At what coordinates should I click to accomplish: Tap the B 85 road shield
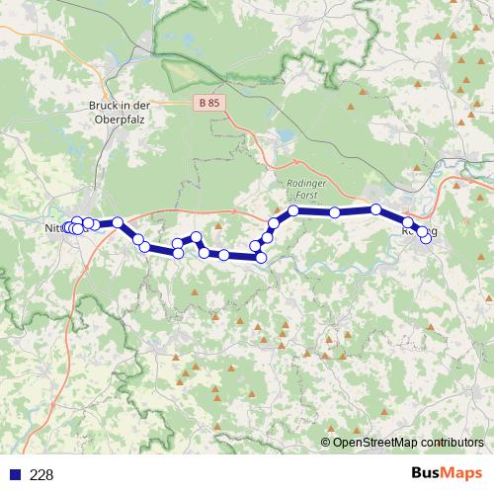point(207,102)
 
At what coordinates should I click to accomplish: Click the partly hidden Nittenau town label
point(56,228)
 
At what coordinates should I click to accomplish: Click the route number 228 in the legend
point(42,474)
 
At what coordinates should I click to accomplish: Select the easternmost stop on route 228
point(426,238)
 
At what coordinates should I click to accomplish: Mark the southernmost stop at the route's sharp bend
point(261,258)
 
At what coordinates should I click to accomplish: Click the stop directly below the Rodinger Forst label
point(293,211)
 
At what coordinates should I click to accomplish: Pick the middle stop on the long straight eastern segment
point(335,212)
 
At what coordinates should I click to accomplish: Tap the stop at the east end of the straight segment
point(376,209)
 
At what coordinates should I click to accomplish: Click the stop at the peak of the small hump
point(197,237)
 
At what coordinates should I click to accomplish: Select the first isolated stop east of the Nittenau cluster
point(118,222)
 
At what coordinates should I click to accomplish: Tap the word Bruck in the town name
point(104,104)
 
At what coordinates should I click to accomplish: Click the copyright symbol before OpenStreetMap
point(325,443)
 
